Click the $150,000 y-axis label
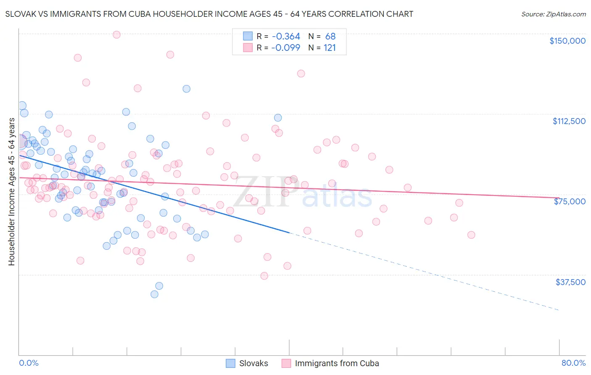click(567, 41)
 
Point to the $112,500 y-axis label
click(569, 121)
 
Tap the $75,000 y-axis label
click(570, 201)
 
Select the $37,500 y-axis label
click(570, 282)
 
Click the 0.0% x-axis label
click(29, 363)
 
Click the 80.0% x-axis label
click(573, 363)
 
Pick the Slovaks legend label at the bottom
click(253, 363)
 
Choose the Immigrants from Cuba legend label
click(337, 363)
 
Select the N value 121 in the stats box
click(330, 48)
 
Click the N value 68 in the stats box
click(330, 37)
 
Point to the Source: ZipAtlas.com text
click(553, 14)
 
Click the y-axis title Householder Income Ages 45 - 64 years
click(11, 192)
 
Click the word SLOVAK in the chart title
click(21, 14)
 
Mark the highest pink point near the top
click(116, 34)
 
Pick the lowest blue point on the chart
click(154, 294)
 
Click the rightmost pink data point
click(471, 235)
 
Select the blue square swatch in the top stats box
click(248, 37)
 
